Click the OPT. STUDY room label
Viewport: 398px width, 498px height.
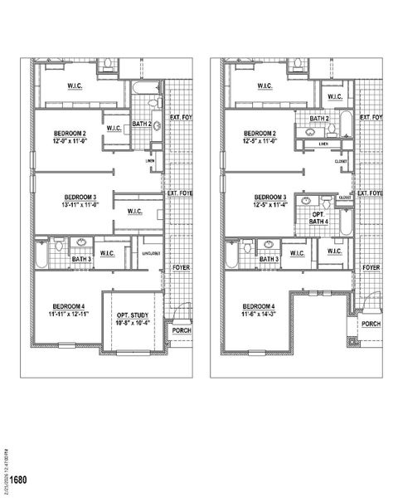pos(133,315)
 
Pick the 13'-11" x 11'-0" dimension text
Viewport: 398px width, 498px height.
pos(79,203)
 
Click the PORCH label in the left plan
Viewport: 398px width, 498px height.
pos(181,330)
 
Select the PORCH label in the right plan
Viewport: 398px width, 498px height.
pos(371,324)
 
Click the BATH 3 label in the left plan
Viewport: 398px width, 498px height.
pos(81,260)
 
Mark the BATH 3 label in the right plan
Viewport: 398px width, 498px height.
pos(269,260)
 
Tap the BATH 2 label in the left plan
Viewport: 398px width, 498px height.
pos(140,124)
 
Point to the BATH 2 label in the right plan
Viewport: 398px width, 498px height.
pos(319,119)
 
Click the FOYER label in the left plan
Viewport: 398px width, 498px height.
pos(181,268)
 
